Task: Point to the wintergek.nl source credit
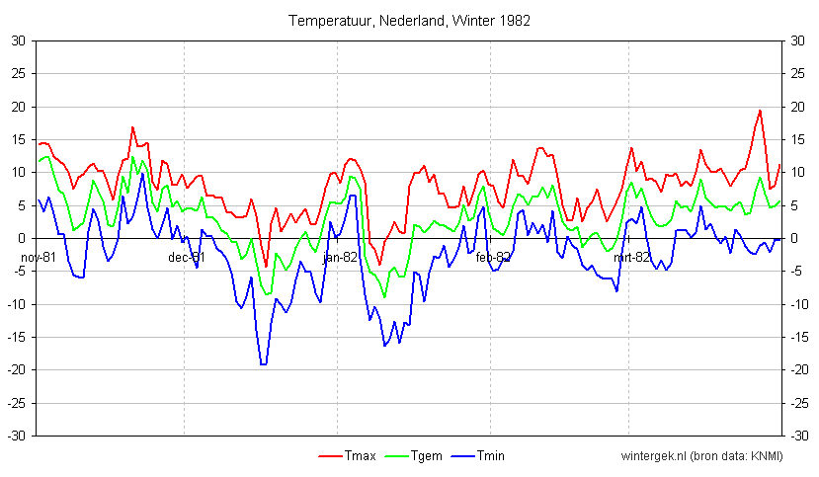(x=701, y=455)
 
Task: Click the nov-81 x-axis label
(x=39, y=257)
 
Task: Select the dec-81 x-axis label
(x=187, y=257)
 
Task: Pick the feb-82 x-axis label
(x=493, y=257)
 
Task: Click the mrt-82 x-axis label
(x=632, y=257)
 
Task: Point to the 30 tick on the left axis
(x=19, y=40)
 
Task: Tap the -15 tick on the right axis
(x=799, y=337)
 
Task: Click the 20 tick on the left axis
(x=19, y=107)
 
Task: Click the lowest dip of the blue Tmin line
(x=263, y=364)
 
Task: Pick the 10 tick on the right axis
(x=798, y=172)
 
